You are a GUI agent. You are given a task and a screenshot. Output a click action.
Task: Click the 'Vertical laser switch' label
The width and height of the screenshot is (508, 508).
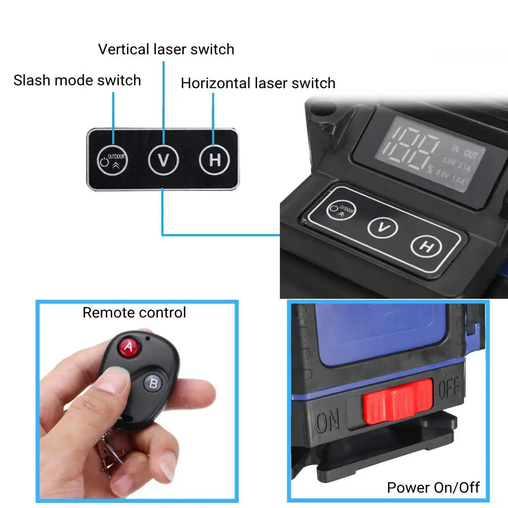tap(166, 50)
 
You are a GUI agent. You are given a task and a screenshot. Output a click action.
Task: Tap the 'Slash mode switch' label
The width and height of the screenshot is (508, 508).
tap(77, 80)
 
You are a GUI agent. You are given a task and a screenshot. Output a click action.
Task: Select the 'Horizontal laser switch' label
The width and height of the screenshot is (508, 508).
tap(258, 83)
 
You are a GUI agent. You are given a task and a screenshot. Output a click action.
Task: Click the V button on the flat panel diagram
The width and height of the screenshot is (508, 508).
tap(163, 160)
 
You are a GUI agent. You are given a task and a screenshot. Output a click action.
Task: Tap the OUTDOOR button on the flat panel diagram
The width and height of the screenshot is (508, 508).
tap(112, 160)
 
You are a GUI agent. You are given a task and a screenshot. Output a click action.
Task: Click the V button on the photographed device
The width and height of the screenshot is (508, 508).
tap(383, 228)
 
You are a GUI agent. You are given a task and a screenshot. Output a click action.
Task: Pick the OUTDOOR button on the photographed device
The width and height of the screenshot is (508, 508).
tap(341, 209)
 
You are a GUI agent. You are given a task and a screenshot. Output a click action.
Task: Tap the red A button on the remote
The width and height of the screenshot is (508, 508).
tap(128, 347)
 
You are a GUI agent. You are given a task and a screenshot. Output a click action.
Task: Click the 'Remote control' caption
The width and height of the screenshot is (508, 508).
tap(134, 313)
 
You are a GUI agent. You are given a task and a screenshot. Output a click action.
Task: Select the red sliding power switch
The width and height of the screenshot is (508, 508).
tap(397, 401)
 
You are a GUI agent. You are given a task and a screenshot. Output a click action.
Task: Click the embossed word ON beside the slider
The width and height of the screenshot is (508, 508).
tap(328, 422)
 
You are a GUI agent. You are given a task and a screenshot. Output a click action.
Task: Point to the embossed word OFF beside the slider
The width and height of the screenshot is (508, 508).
tap(448, 387)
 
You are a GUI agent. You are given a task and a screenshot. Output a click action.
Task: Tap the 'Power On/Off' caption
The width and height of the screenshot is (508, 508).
tap(433, 488)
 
